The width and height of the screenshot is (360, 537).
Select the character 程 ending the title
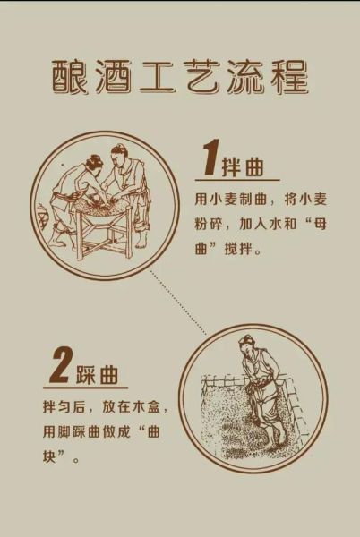click(287, 78)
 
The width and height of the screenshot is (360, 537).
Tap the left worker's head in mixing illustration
click(91, 164)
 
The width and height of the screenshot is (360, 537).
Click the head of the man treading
click(247, 345)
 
